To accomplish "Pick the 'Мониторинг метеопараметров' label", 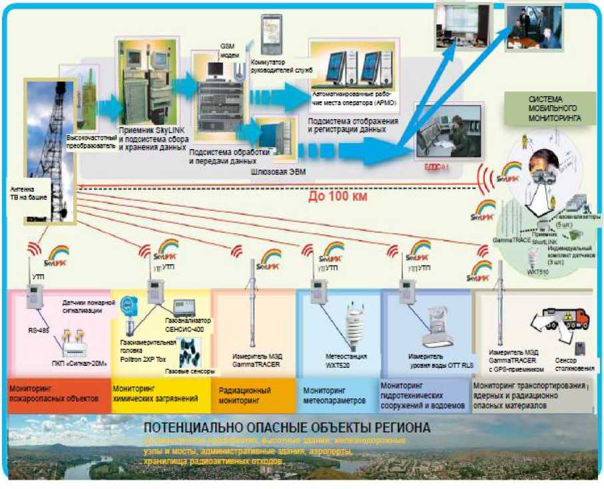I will pyautogui.click(x=336, y=396).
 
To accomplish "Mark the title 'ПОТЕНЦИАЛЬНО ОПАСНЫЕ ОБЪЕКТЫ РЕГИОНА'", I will pyautogui.click(x=287, y=427).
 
